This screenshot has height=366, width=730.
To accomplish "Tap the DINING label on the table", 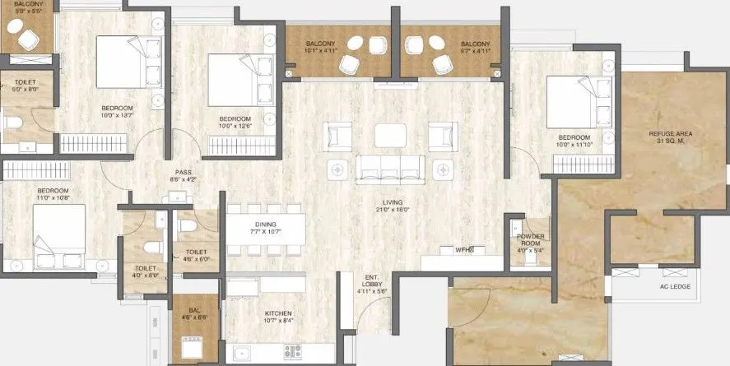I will pyautogui.click(x=265, y=224).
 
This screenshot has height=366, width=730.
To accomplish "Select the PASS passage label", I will pyautogui.click(x=183, y=172).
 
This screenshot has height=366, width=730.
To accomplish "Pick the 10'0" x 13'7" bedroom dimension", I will pyautogui.click(x=117, y=116).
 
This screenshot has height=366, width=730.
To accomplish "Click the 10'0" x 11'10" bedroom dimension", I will pyautogui.click(x=574, y=145).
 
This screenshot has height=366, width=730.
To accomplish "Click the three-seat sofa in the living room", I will pyautogui.click(x=390, y=169).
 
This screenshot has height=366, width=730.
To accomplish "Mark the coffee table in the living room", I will pyautogui.click(x=389, y=135).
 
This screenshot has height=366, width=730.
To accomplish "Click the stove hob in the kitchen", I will pyautogui.click(x=294, y=352).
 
